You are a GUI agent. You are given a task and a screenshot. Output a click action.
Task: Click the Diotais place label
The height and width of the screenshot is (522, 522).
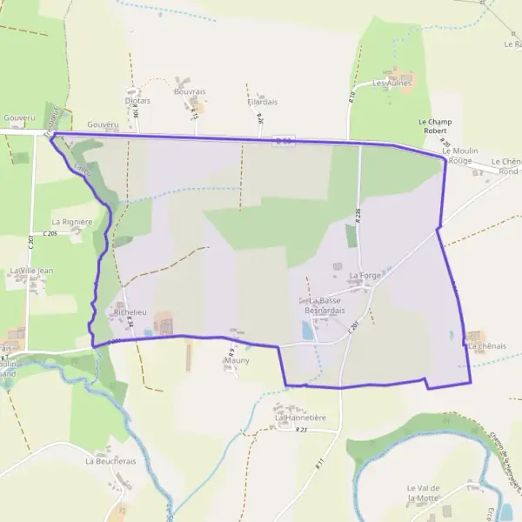click(x=137, y=101)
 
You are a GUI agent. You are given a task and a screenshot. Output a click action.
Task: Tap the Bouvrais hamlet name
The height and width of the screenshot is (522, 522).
click(x=189, y=90)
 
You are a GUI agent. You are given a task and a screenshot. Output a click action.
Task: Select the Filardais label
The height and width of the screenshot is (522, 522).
click(x=262, y=102)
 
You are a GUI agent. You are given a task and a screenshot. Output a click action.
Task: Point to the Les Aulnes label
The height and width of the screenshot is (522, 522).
click(x=391, y=84)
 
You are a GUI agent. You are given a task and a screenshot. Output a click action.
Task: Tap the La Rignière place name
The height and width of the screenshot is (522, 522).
click(x=71, y=222)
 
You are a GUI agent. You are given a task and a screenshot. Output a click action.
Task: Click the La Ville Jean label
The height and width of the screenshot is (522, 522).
click(x=31, y=271)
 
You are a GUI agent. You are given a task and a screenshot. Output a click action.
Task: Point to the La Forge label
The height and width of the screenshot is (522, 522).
click(x=365, y=276)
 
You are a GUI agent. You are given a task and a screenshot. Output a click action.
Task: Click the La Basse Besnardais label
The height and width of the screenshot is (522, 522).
click(x=325, y=305)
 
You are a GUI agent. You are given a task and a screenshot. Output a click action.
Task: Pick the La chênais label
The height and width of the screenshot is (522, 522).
click(x=486, y=346)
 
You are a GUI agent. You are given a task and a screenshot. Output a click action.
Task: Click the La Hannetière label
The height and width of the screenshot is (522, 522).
click(x=300, y=418)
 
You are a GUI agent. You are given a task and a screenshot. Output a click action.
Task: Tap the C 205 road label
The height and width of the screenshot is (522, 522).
click(x=49, y=234)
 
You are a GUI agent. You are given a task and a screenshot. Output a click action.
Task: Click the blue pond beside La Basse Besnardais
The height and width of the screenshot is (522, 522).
click(x=306, y=330)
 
